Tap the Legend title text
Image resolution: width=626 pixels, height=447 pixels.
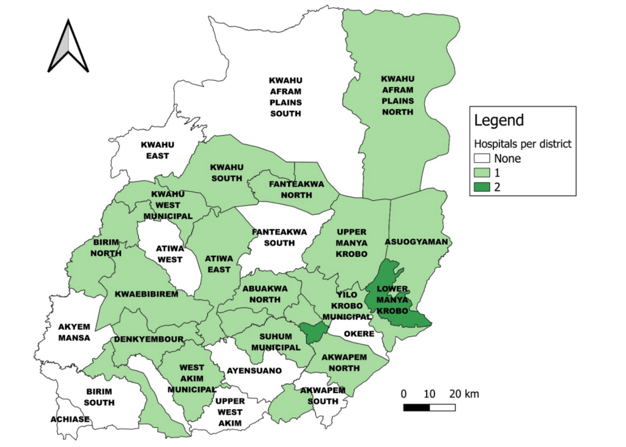[x=499, y=120]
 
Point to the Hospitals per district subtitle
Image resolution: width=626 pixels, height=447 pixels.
[x=523, y=144]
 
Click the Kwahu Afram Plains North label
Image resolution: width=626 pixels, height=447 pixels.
[x=397, y=96]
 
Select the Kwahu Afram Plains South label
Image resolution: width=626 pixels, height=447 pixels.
[x=285, y=97]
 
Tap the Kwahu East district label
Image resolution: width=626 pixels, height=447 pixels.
[x=158, y=150]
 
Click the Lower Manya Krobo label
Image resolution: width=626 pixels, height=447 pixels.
[x=392, y=299]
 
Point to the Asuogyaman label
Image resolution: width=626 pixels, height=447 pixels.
[x=416, y=242]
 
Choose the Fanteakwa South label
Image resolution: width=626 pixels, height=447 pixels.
[x=274, y=237]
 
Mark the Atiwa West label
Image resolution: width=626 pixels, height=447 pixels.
[x=170, y=254]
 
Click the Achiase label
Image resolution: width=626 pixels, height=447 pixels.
[x=70, y=419]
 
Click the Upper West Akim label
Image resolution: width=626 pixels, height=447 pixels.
[x=230, y=412]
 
